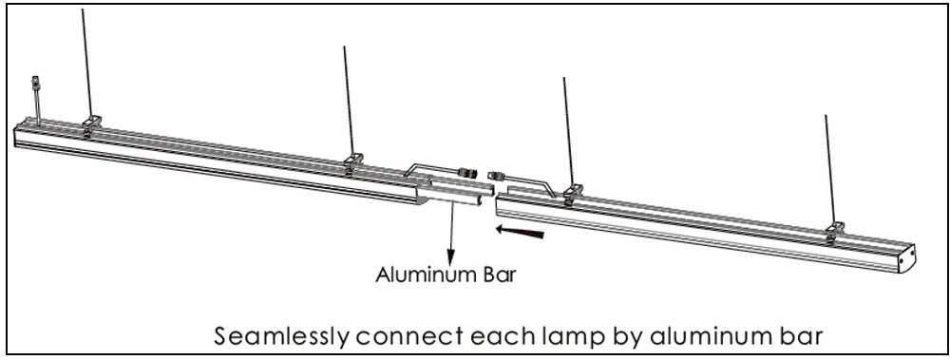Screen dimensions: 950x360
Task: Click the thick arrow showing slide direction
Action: pyautogui.click(x=520, y=232)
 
